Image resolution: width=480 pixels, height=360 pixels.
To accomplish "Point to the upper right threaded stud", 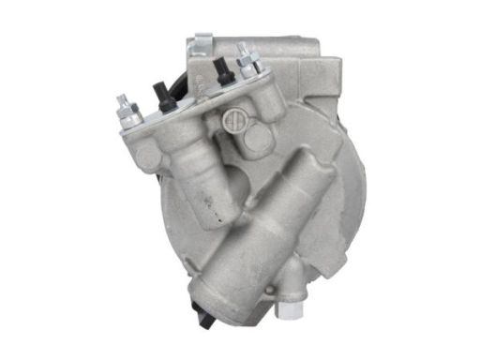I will point(246,57).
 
